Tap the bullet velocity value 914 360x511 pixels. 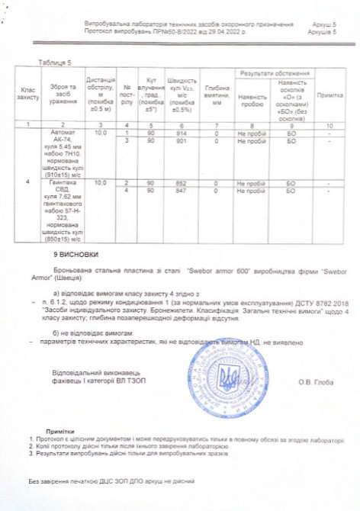point(181,133)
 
